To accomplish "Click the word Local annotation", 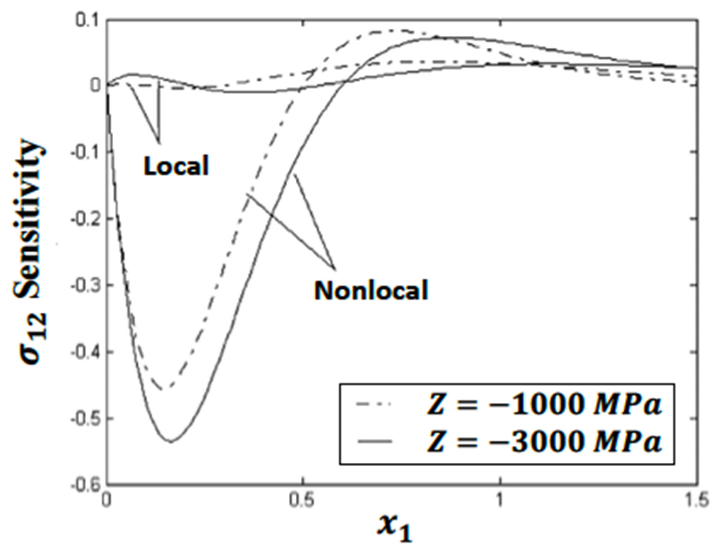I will pyautogui.click(x=176, y=165).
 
